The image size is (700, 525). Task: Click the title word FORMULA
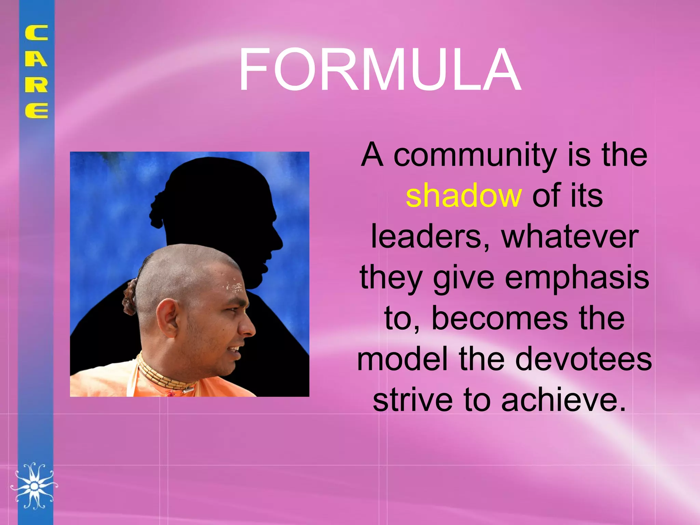pyautogui.click(x=379, y=70)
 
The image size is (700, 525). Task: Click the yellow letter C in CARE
pyautogui.click(x=36, y=33)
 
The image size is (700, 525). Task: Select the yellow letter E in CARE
pyautogui.click(x=36, y=110)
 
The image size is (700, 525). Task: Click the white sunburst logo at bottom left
pyautogui.click(x=34, y=485)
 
